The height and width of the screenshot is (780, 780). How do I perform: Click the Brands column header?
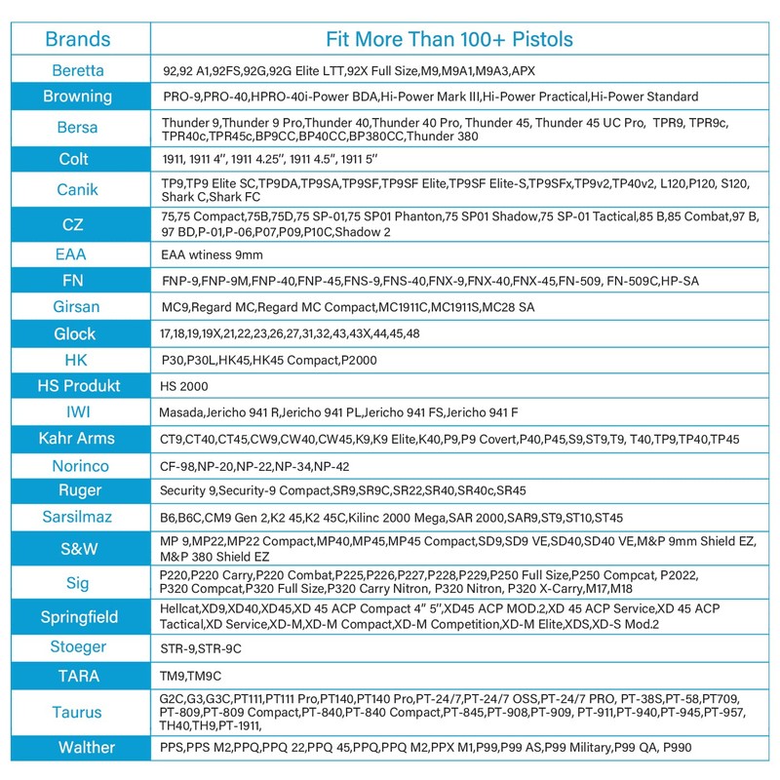tap(78, 40)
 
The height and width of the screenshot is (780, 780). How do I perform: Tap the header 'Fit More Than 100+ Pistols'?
tap(448, 40)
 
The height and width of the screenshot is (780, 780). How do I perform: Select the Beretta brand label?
tap(78, 71)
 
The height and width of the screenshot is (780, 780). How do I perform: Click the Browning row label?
tap(78, 97)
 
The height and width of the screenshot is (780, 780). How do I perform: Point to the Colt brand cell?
tap(78, 158)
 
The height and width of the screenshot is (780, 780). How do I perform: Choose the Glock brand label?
tap(78, 334)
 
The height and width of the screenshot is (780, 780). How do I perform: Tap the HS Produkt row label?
tap(78, 386)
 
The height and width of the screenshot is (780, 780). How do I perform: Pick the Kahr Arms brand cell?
tap(78, 439)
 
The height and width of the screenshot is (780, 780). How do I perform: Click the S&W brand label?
tap(78, 548)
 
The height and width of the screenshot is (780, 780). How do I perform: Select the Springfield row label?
tap(78, 616)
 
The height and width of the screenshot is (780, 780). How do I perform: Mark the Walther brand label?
tap(78, 749)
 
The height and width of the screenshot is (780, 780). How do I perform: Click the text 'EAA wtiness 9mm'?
tap(212, 254)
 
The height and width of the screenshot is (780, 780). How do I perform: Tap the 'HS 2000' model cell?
tap(182, 386)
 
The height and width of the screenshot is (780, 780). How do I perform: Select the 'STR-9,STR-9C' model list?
tap(201, 647)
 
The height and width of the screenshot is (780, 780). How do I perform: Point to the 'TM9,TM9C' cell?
tap(190, 674)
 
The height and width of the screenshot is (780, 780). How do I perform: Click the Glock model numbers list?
tap(290, 334)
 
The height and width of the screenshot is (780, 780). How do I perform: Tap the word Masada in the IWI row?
tap(181, 412)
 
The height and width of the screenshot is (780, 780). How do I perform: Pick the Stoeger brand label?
tap(78, 647)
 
